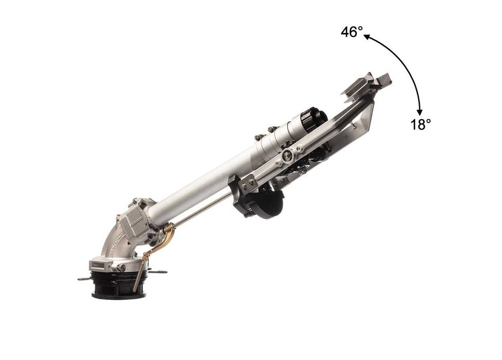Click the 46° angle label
click(352, 32)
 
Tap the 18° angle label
click(421, 124)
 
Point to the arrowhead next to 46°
click(367, 37)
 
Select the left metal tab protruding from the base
click(84, 279)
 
